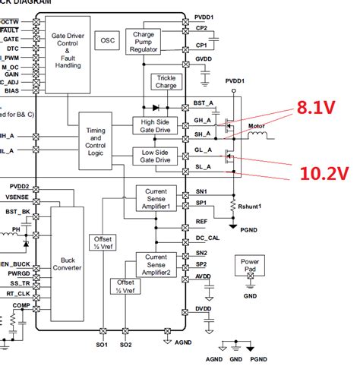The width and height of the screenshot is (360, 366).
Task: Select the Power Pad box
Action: [x=250, y=265]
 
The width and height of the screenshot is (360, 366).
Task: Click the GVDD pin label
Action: [x=203, y=58]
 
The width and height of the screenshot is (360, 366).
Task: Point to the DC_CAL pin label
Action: [x=205, y=238]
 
